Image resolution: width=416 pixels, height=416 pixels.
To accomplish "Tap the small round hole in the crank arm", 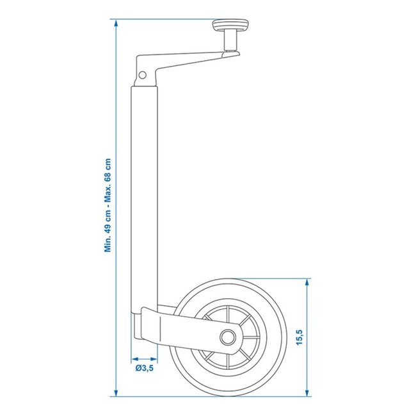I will click(x=143, y=75).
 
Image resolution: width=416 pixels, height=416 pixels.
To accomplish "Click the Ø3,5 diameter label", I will click(x=145, y=368).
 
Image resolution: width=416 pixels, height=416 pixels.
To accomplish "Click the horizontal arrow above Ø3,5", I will click(x=144, y=358).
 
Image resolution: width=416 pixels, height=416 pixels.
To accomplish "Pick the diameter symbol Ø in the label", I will click(x=138, y=368).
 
